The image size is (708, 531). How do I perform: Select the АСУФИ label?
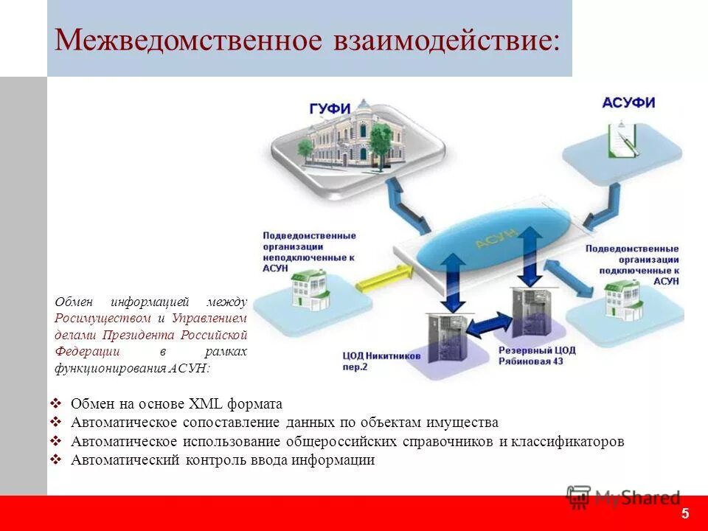click(628, 103)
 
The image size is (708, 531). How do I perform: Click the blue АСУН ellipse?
click(492, 236)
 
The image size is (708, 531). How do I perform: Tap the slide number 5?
click(685, 513)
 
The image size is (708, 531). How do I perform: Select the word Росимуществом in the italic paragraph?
click(103, 318)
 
